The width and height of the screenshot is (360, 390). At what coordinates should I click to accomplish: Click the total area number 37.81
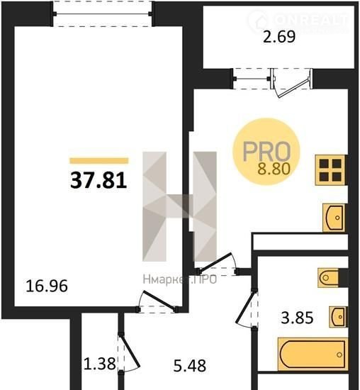coord(99,181)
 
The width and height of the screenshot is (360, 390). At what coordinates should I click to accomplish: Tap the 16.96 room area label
coord(47,286)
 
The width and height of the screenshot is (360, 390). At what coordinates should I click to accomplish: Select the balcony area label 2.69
coord(279,37)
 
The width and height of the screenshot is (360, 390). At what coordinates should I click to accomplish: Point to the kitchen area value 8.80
coord(274,169)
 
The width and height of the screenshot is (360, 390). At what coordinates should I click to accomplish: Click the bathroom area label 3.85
coord(297,318)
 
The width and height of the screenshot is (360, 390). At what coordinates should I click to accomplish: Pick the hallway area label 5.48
coord(190,366)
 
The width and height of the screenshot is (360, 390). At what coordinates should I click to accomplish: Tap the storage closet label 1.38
coord(100,364)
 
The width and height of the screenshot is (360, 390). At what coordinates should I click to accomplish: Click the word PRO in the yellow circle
coord(266,151)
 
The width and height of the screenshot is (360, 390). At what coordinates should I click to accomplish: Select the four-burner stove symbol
coord(331,170)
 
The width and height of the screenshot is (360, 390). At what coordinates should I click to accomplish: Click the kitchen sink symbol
coord(334,218)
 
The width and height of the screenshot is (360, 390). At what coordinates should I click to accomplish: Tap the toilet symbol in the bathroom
coord(329,277)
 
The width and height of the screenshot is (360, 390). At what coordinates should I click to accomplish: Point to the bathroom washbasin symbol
coord(338,317)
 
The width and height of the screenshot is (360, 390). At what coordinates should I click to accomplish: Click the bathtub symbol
coord(313,354)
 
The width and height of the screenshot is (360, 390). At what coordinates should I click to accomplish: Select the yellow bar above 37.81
coord(99,161)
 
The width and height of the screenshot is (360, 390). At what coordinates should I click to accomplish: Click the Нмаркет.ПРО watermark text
coord(180,279)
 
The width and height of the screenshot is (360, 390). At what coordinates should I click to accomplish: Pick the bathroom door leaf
coord(246,307)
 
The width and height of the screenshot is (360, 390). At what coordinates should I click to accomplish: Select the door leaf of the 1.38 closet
coord(130,351)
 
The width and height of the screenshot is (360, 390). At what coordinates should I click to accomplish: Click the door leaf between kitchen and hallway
coord(215,262)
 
